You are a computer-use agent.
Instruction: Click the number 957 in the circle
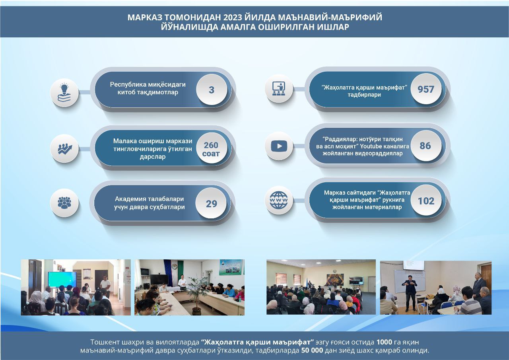426,89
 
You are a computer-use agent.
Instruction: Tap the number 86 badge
426,146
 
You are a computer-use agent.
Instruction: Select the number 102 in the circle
426,200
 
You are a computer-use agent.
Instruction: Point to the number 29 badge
211,203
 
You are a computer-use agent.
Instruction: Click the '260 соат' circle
211,149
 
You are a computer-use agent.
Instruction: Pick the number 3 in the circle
211,90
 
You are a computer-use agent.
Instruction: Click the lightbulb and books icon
64,93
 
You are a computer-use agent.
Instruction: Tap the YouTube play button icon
279,146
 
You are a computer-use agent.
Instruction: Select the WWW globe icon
279,200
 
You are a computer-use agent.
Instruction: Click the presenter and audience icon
279,88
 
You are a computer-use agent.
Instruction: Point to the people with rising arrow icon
65,149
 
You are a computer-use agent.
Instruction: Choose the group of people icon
64,203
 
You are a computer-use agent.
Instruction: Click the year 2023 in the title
233,17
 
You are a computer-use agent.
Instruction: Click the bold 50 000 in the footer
312,350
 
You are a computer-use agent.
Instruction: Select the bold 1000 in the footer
384,342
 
